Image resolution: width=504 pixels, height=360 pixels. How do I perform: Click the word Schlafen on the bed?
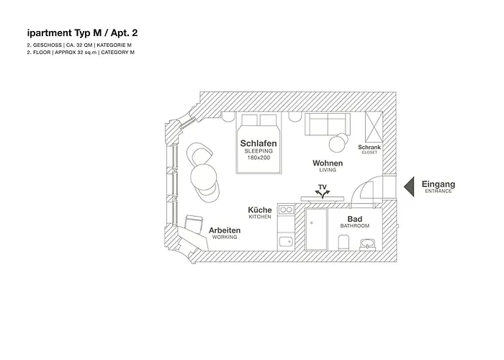(x=258, y=144)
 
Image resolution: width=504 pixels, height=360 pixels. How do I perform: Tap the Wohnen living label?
(x=328, y=163)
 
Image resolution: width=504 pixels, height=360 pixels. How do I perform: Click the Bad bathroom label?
(x=354, y=219)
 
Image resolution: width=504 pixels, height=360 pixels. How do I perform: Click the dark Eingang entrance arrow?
(x=408, y=186)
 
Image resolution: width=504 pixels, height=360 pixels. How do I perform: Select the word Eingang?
(x=438, y=184)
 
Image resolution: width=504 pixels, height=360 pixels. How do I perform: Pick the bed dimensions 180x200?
(x=258, y=158)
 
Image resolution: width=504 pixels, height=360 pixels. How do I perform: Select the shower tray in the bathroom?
(x=316, y=229)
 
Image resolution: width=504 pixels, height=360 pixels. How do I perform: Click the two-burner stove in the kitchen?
(x=286, y=210)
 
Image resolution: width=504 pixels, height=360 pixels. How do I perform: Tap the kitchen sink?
(x=286, y=242)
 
